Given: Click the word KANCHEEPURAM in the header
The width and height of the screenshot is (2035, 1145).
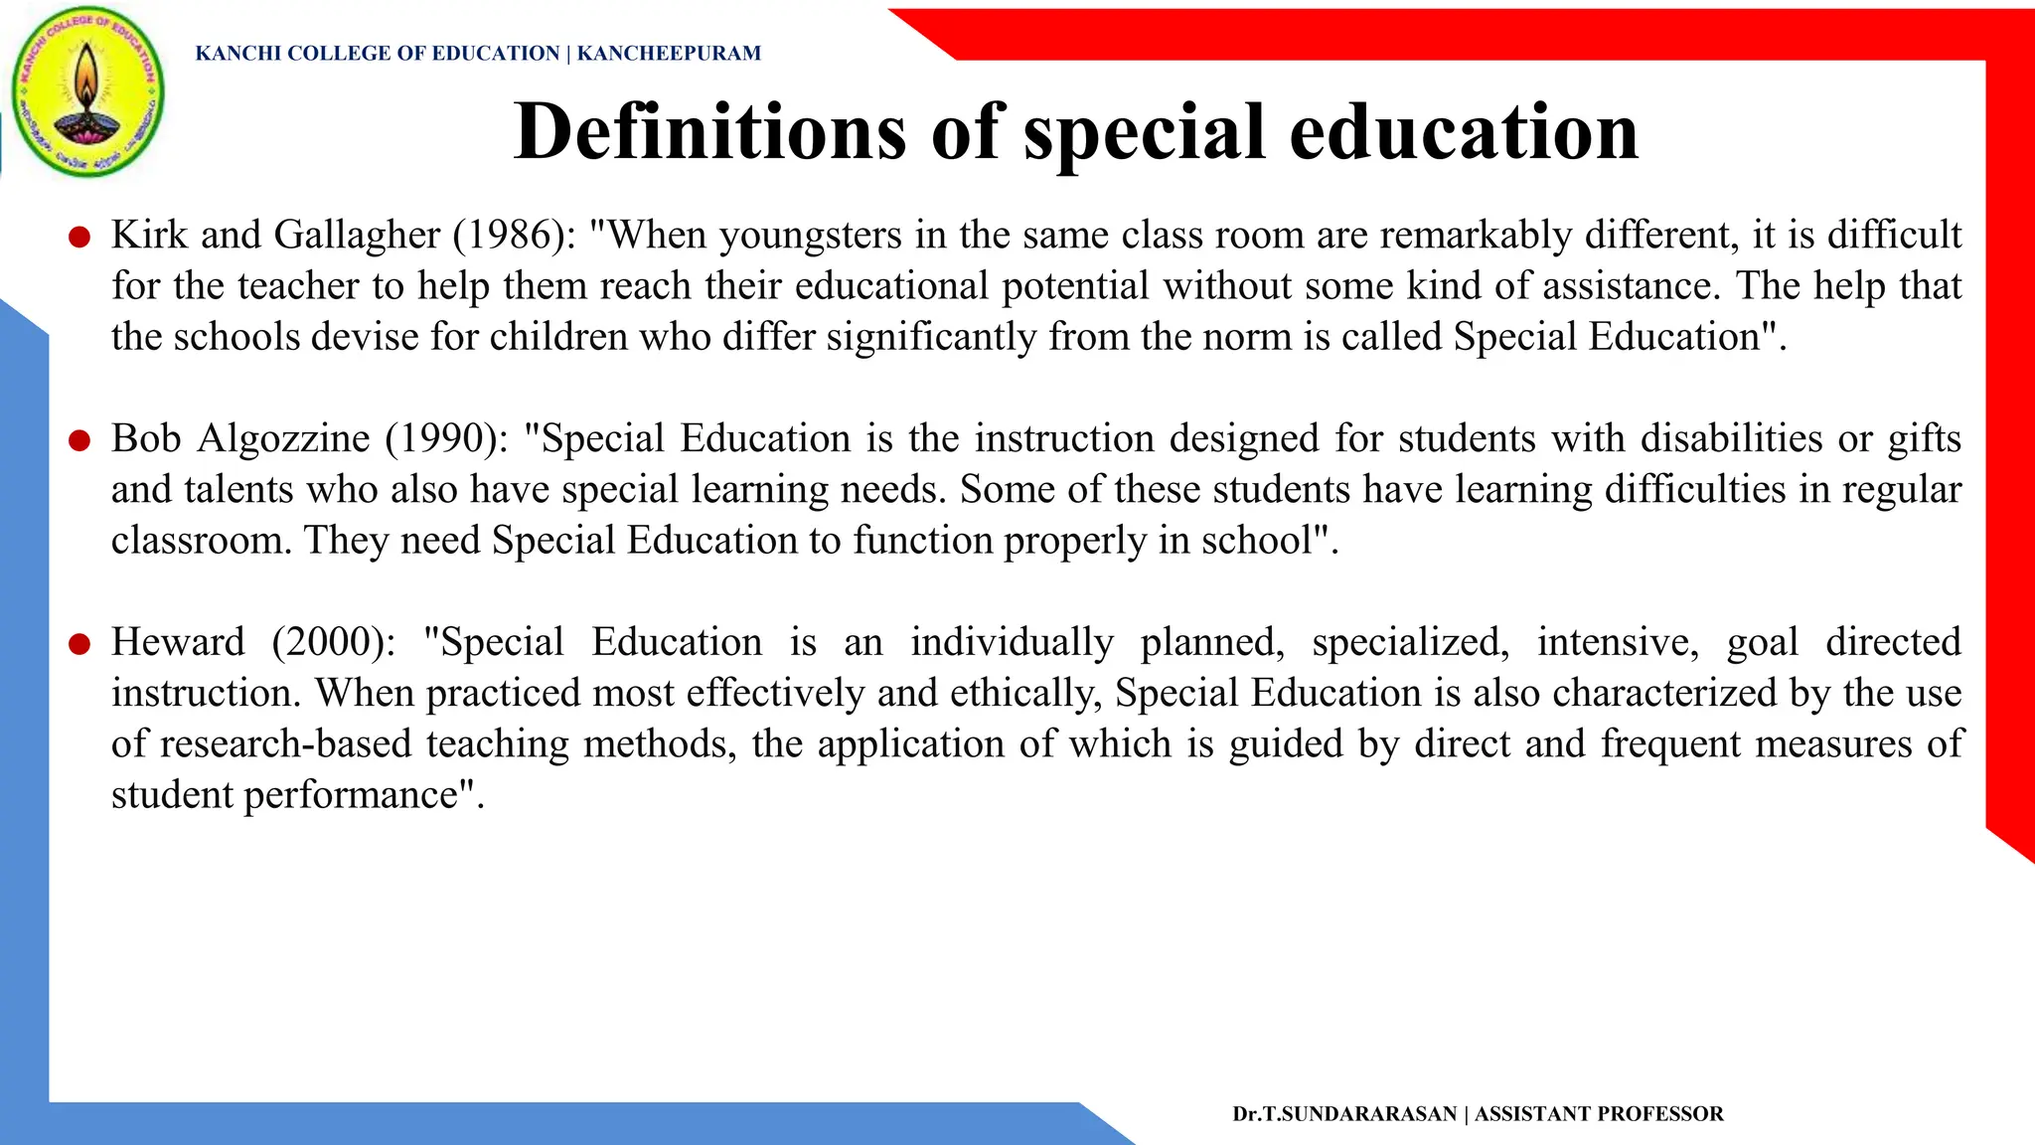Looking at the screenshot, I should pos(669,54).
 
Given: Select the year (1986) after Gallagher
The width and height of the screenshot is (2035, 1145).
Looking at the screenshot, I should pos(515,236).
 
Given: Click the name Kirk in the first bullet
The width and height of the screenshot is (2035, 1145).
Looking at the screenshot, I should pos(149,236).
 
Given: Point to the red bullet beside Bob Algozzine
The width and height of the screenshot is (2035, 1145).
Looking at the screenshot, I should pos(79,439).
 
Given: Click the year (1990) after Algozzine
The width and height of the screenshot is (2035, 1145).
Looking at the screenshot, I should pos(446,439).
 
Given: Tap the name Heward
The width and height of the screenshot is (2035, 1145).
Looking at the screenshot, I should pos(177,643).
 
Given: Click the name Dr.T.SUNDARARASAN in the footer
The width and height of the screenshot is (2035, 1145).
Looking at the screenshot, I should pos(1344,1114).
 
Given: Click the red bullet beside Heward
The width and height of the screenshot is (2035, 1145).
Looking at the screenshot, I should pos(79,643).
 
